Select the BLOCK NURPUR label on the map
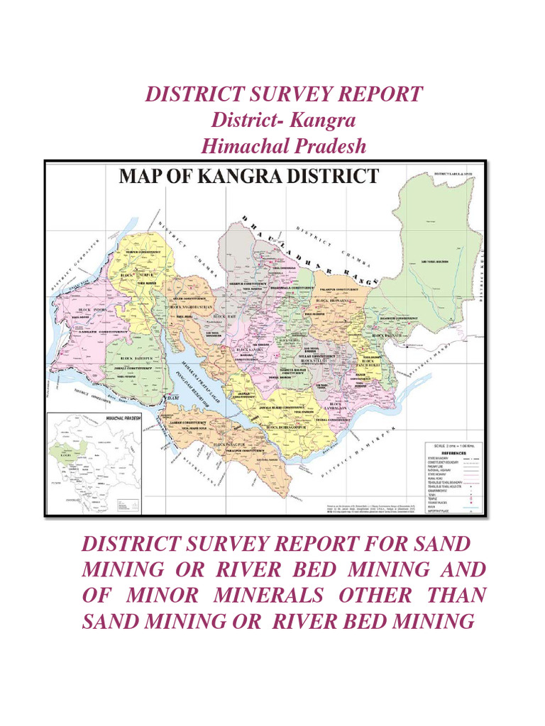[x=137, y=274]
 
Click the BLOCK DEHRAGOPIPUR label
[x=288, y=428]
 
